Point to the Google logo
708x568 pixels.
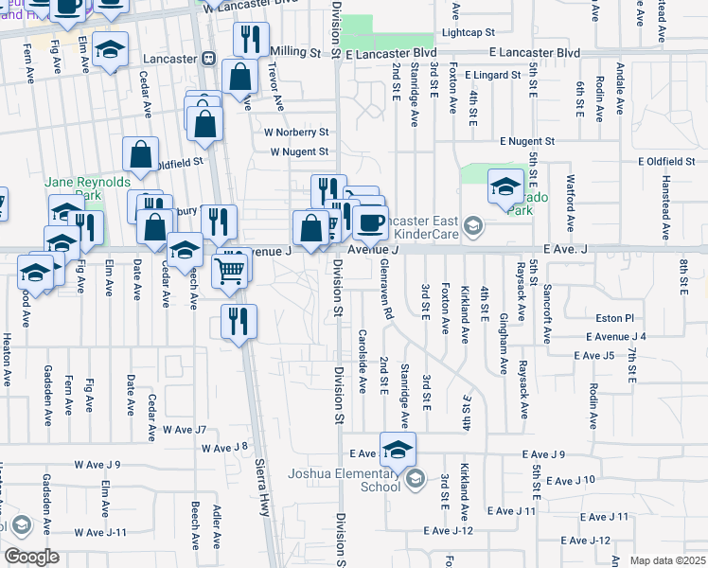(31, 557)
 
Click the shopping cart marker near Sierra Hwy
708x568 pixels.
(231, 270)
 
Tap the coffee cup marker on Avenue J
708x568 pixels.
(371, 223)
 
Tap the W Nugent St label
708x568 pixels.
(298, 151)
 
